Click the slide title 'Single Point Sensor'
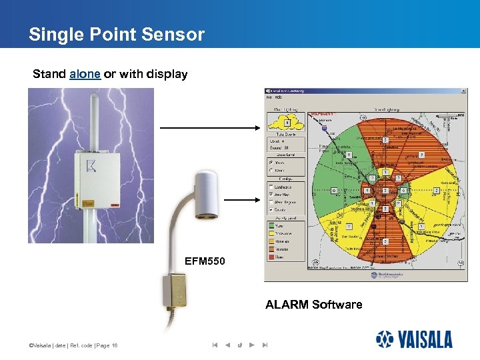[116, 35]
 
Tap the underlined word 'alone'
[85, 74]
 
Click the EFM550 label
[205, 261]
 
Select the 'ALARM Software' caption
[313, 305]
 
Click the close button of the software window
[463, 91]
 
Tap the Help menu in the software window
[277, 97]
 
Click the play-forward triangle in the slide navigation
[251, 345]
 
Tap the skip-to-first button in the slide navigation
[215, 345]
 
